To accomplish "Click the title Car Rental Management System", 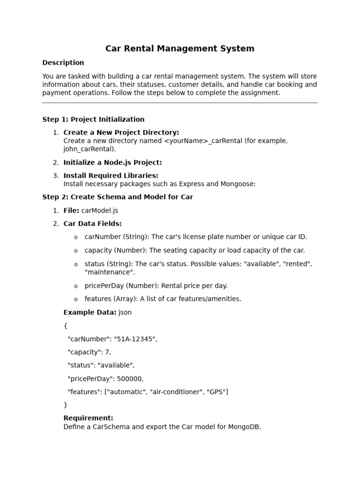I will (x=180, y=48).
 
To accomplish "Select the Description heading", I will (x=63, y=63).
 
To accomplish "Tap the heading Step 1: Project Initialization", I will (x=93, y=120).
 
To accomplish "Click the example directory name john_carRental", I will (x=89, y=149).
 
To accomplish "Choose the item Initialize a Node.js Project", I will (x=112, y=163).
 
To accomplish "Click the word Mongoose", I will (x=239, y=184).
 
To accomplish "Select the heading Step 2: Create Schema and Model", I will (x=118, y=197).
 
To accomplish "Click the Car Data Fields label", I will (x=92, y=224).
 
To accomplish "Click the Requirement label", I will (x=88, y=418).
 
